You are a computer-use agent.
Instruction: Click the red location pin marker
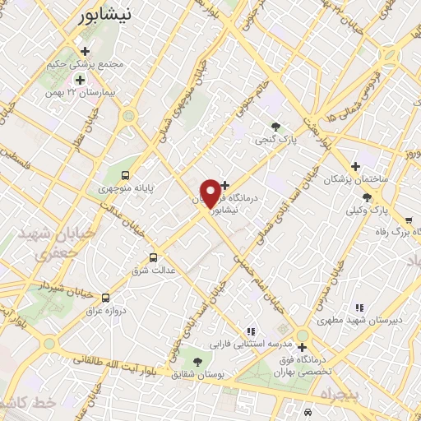210,193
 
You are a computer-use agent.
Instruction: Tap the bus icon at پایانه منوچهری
125,174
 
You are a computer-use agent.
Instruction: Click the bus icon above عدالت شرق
153,257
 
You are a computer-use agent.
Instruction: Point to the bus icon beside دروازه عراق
104,297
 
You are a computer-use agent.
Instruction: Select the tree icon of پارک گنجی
276,127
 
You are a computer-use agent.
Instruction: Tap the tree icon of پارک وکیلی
367,197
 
